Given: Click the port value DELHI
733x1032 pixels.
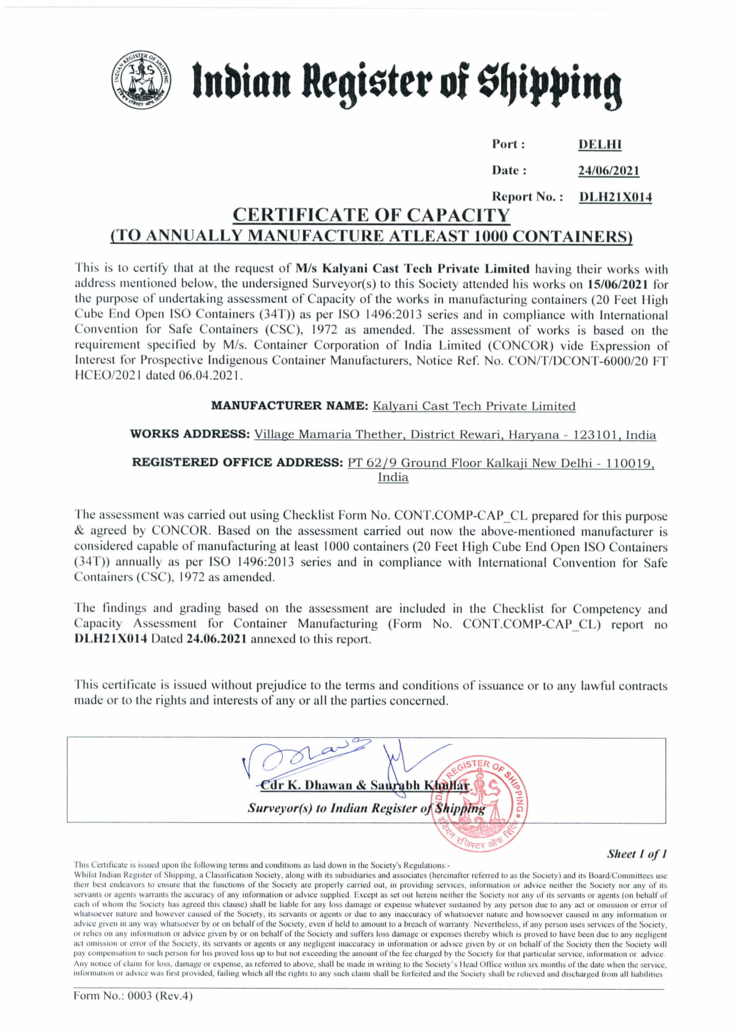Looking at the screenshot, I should coord(600,145).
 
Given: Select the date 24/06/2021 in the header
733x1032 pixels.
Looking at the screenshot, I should coord(609,171).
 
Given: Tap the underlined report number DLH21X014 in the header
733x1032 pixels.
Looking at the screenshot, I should coord(615,197).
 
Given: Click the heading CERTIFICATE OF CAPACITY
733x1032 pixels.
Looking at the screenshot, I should coord(371,215).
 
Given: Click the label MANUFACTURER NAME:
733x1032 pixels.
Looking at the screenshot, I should coord(290,405).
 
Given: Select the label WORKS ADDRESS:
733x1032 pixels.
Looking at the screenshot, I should coord(190,434).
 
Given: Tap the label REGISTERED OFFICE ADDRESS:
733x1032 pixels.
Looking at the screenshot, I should coord(238,462).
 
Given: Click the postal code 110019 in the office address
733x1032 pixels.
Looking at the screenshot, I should coord(629,463).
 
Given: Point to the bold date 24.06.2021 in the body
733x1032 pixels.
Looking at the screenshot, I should coord(216,639).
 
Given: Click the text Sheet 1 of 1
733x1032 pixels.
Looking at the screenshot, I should coord(637,854).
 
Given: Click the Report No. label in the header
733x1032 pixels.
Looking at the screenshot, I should coord(528,197).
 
